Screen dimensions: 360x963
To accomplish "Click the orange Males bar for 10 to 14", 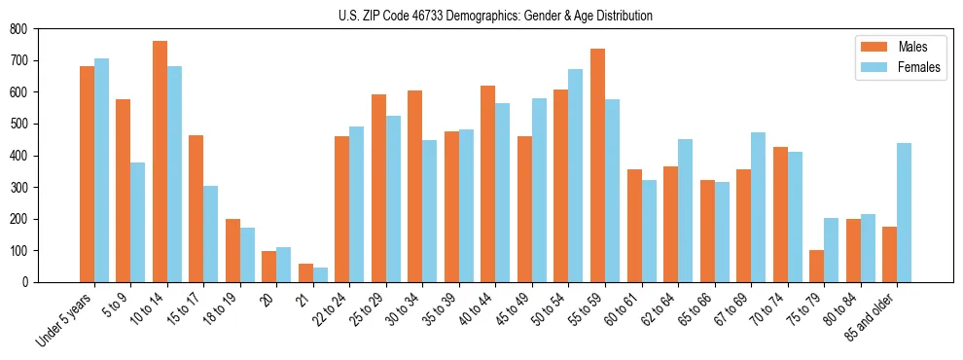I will click(160, 162).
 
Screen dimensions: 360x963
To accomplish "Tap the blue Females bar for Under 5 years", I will click(101, 170).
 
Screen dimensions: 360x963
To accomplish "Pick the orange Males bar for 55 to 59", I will click(597, 165).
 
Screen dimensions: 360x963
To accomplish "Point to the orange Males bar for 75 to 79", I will click(816, 266).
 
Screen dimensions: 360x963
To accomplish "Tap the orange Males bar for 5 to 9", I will click(124, 191).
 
